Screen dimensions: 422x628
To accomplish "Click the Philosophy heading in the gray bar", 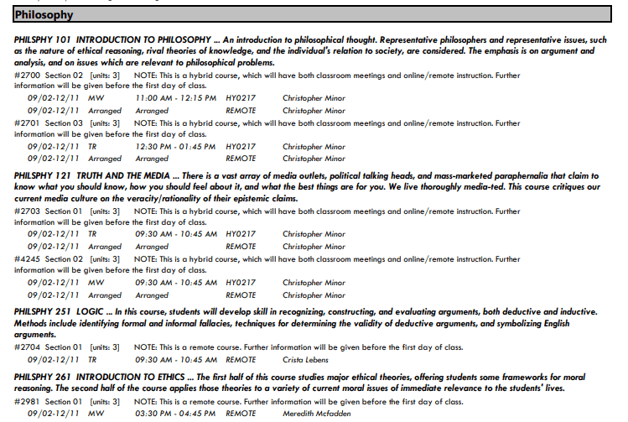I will tap(44, 15).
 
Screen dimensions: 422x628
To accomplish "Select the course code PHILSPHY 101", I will tap(42, 39).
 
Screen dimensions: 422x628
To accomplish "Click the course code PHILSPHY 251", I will tap(42, 310).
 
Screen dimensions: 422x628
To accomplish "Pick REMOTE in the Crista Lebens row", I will tap(241, 359).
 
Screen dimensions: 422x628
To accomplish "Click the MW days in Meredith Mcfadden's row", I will tap(96, 414).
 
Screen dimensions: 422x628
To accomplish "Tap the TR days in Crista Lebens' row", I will tap(92, 359).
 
